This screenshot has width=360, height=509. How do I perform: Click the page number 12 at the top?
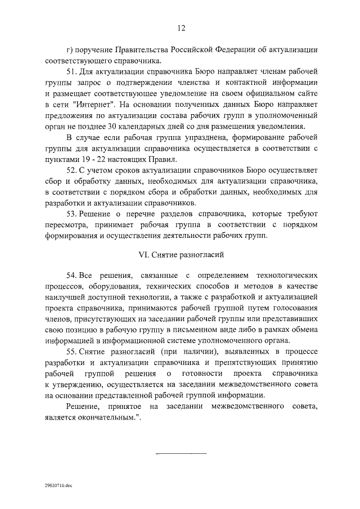[181, 29]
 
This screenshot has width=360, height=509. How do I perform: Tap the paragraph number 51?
[71, 73]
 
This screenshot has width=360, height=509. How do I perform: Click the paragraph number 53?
[71, 215]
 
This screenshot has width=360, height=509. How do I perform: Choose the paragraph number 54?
[71, 276]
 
